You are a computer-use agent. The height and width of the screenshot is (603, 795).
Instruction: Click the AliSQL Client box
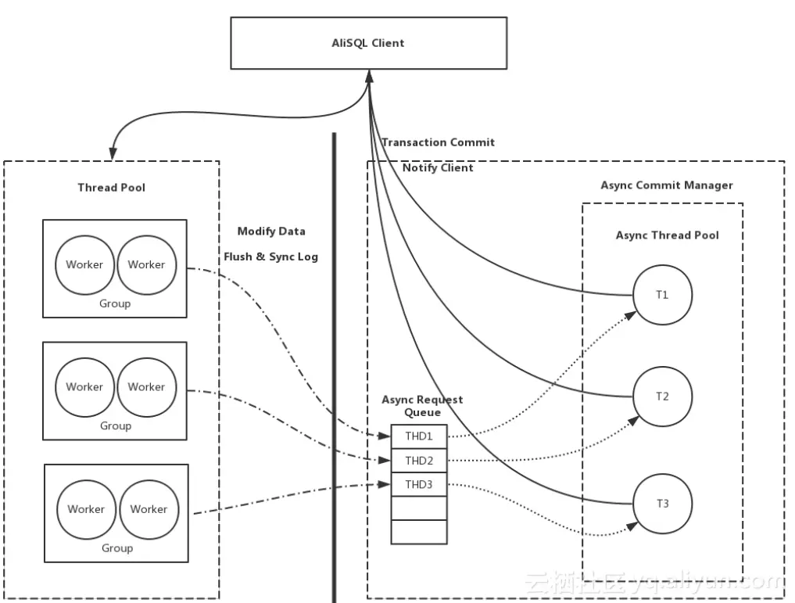[x=367, y=43]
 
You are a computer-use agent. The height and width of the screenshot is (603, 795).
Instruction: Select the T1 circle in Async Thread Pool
[x=661, y=295]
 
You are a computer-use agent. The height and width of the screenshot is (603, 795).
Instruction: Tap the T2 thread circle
[x=661, y=397]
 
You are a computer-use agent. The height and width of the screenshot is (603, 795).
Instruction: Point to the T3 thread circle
[x=662, y=503]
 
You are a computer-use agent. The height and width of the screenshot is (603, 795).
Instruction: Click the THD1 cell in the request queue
[x=419, y=436]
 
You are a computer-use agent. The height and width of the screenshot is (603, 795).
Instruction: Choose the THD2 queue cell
[x=419, y=461]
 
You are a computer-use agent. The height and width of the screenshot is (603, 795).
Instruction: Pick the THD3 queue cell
[x=419, y=485]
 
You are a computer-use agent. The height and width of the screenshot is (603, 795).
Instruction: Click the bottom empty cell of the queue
[x=419, y=532]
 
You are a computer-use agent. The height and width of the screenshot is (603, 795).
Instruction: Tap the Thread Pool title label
[x=111, y=188]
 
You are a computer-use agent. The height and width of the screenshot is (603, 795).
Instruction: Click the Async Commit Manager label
[x=667, y=185]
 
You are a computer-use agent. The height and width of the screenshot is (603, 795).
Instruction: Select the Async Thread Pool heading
[x=667, y=235]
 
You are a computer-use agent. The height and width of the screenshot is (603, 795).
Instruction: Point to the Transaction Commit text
[x=438, y=142]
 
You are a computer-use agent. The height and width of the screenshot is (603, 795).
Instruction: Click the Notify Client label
[x=438, y=167]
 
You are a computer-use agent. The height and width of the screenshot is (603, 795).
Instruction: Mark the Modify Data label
[x=271, y=232]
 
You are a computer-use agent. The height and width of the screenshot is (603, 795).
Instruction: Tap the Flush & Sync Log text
[x=271, y=257]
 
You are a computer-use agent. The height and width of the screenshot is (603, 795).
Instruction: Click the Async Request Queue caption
[x=422, y=406]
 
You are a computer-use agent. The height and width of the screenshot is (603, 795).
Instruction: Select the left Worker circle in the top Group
[x=84, y=264]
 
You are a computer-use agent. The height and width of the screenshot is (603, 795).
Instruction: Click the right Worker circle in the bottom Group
[x=149, y=509]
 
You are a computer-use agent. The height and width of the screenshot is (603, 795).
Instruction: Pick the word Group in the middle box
[x=116, y=426]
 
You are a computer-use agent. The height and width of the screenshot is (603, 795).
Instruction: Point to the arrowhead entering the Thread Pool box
[x=114, y=154]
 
